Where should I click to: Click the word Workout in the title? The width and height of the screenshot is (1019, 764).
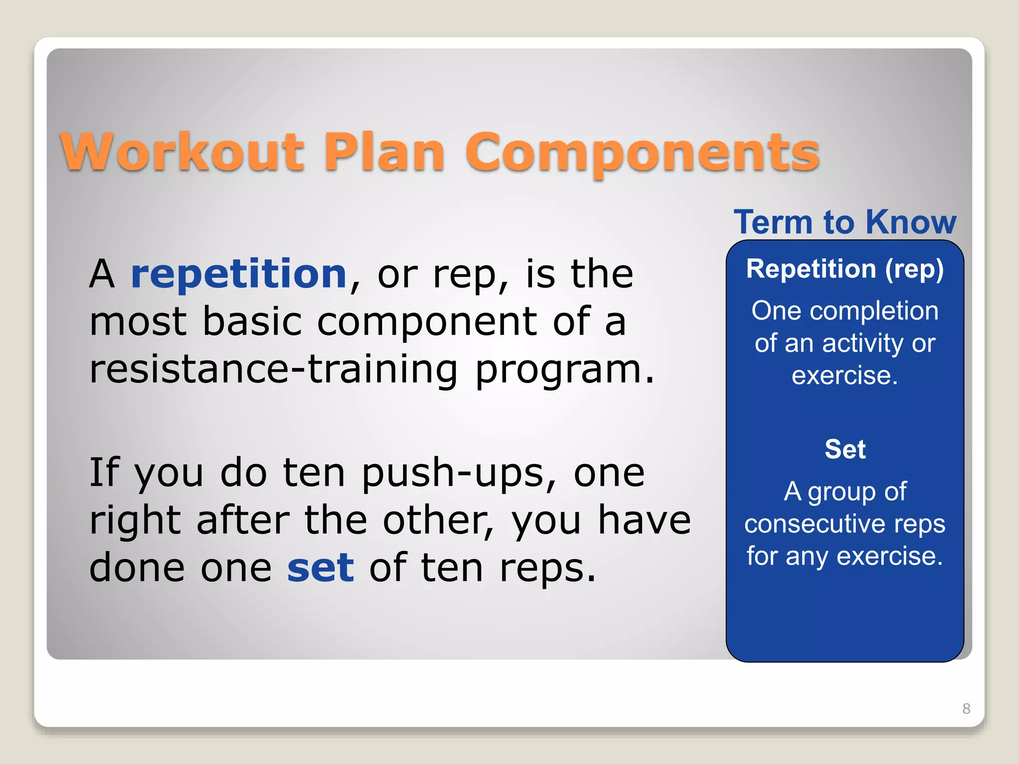pyautogui.click(x=182, y=152)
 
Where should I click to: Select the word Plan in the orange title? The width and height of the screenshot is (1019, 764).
pyautogui.click(x=384, y=152)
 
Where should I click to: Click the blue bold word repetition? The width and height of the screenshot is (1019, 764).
pyautogui.click(x=238, y=275)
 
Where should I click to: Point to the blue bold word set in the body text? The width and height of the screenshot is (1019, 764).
pyautogui.click(x=320, y=568)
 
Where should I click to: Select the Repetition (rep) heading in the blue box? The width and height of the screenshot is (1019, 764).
pyautogui.click(x=845, y=269)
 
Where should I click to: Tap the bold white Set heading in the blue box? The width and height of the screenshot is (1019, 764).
pyautogui.click(x=845, y=449)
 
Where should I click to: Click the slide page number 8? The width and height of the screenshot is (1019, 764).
pyautogui.click(x=966, y=708)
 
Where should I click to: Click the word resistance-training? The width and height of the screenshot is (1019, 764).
pyautogui.click(x=273, y=370)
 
